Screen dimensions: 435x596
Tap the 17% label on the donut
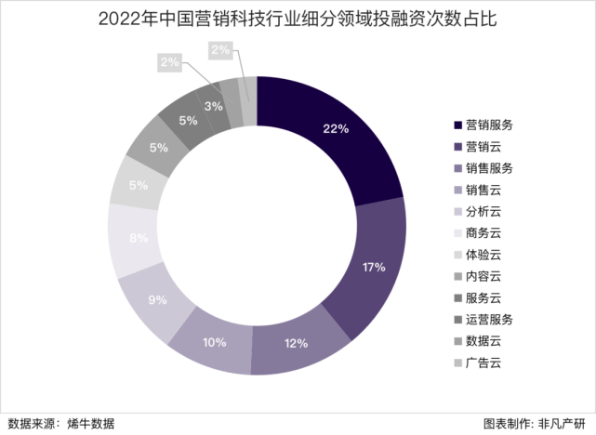373,268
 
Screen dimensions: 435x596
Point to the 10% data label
214,342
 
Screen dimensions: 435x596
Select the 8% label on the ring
139,238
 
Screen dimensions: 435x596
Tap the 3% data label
213,107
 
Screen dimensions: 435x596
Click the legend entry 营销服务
489,125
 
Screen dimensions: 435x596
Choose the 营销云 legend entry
483,146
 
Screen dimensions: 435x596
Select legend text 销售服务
489,168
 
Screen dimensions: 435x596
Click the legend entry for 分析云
483,211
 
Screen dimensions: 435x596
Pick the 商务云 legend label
483,233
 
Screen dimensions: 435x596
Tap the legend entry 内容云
483,276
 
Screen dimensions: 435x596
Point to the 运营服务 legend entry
489,319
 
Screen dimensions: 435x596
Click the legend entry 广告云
483,362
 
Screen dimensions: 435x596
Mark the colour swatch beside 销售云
457,190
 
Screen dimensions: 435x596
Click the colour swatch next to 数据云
457,341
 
